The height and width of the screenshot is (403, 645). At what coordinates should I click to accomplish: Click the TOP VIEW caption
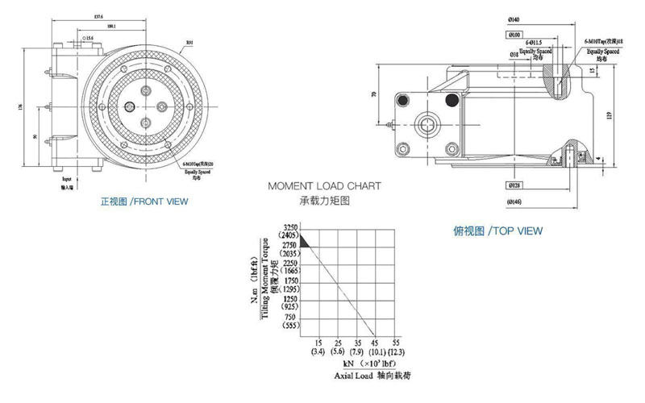tap(497, 231)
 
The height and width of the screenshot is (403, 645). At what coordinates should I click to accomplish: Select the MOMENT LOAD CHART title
tap(324, 185)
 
